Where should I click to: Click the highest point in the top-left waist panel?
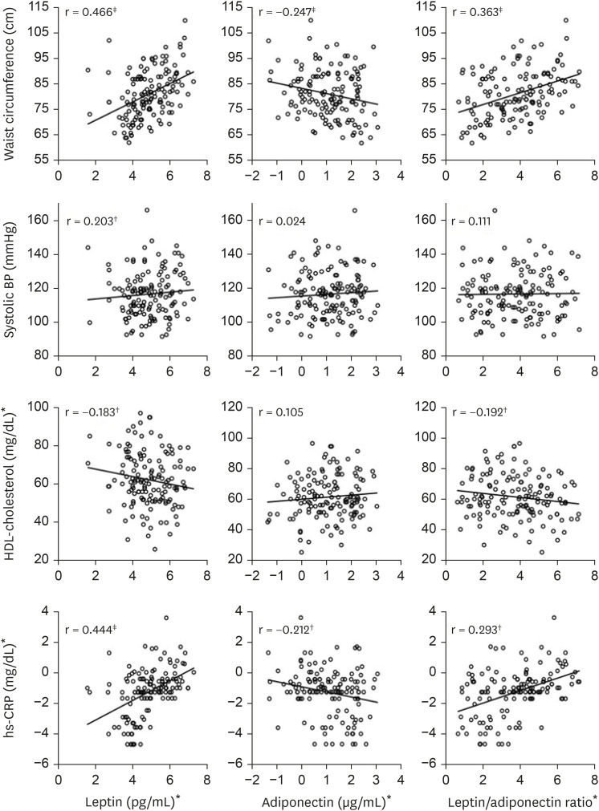[185, 21]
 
